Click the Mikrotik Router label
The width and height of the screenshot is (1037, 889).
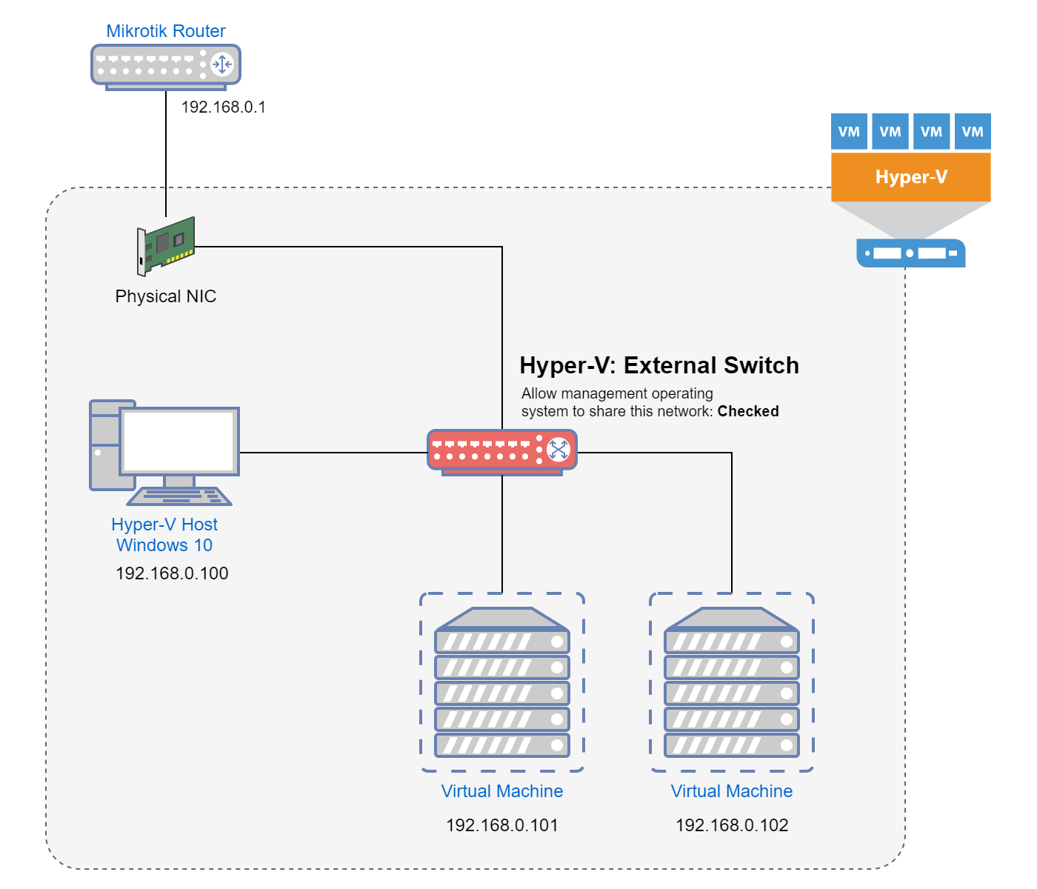[x=165, y=31]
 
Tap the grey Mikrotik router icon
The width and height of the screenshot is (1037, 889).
[x=165, y=66]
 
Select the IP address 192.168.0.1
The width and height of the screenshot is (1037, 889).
[x=223, y=107]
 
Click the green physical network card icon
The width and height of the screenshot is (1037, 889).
[x=166, y=245]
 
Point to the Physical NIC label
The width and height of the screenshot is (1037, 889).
[x=165, y=296]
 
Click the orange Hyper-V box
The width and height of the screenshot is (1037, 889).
[x=910, y=177]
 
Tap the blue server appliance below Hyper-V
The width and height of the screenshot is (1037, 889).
[x=910, y=253]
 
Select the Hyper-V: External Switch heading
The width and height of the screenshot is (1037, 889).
[x=658, y=365]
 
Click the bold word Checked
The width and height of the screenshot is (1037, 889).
[x=748, y=411]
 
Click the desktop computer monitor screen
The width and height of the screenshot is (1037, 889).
[x=179, y=442]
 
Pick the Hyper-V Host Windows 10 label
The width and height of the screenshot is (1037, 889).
[x=164, y=535]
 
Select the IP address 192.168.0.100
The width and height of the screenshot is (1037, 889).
[x=172, y=573]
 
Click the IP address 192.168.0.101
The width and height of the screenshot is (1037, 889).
[x=501, y=825]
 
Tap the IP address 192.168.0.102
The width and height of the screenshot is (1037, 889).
[x=731, y=825]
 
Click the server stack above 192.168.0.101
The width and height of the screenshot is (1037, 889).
[x=501, y=683]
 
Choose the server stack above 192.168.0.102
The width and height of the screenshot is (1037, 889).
[x=731, y=683]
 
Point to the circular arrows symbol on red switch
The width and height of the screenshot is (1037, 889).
[x=558, y=449]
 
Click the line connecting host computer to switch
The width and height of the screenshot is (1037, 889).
[x=333, y=452]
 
